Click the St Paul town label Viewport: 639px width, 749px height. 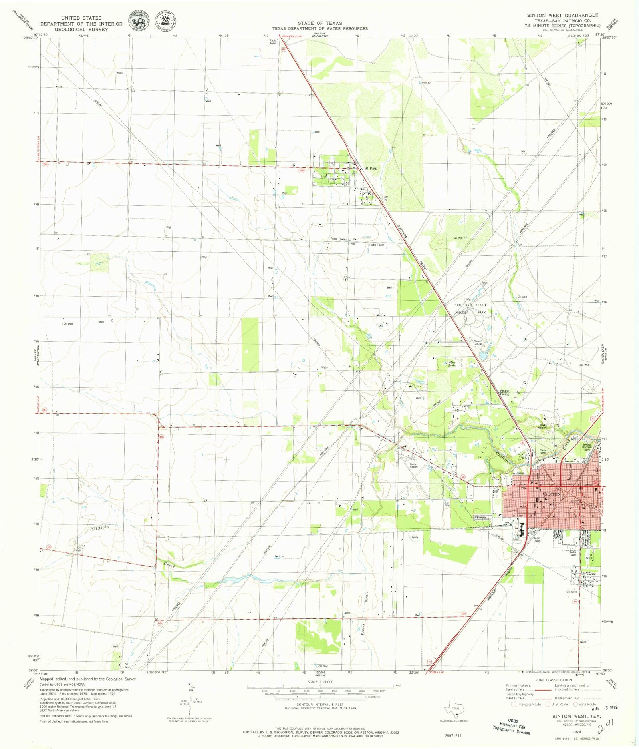coord(371,168)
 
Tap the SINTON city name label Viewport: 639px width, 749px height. coord(552,494)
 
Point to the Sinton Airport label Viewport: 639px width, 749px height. coord(413,466)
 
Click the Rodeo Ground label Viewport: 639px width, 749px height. coord(478,343)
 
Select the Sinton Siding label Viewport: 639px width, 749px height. coord(505,392)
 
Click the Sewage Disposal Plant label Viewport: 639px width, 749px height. coord(586,447)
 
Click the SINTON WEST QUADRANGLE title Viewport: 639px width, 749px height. coord(562,15)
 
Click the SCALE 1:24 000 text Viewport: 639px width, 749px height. coord(320,682)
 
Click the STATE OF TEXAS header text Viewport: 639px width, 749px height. coord(319,23)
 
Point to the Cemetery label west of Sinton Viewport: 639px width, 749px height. coord(480,517)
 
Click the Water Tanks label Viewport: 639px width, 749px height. coord(452,364)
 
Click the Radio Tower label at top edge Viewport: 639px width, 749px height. coord(273,42)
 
